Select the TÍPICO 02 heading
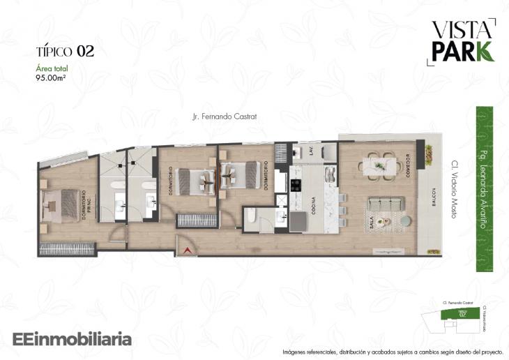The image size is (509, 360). coord(65,51)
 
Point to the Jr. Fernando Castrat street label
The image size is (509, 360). coord(225,117)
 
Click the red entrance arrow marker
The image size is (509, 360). coord(186,249)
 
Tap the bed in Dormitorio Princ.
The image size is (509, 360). coord(63,204)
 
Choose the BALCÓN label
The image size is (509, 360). coord(432,197)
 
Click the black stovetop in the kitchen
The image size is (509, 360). coord(295,186)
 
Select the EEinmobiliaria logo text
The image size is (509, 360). coord(72,340)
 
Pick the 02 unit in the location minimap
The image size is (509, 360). coord(462,313)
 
